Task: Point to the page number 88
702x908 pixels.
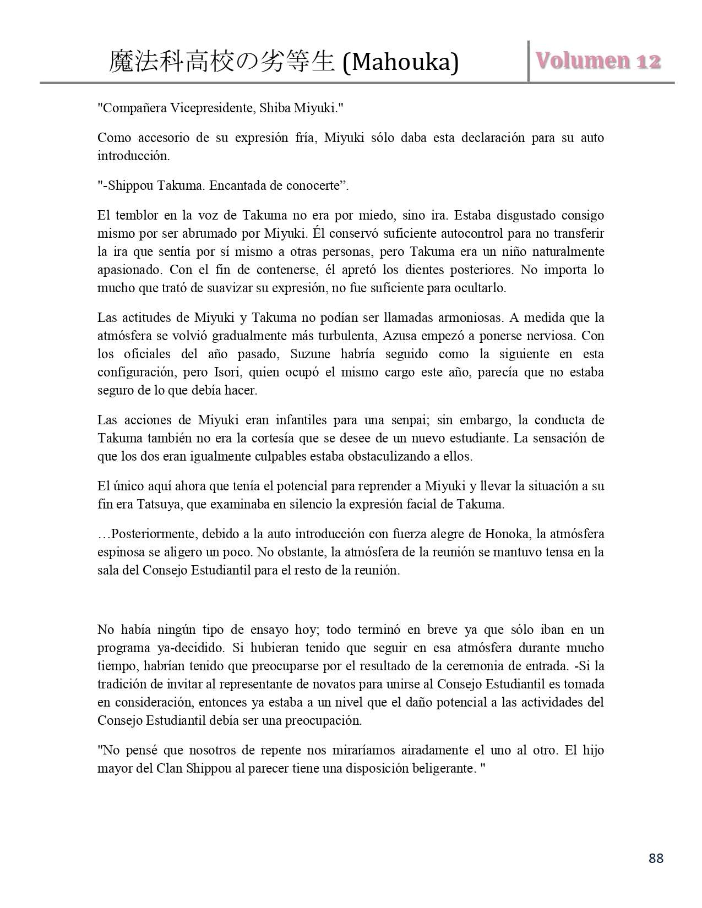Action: click(x=656, y=858)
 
